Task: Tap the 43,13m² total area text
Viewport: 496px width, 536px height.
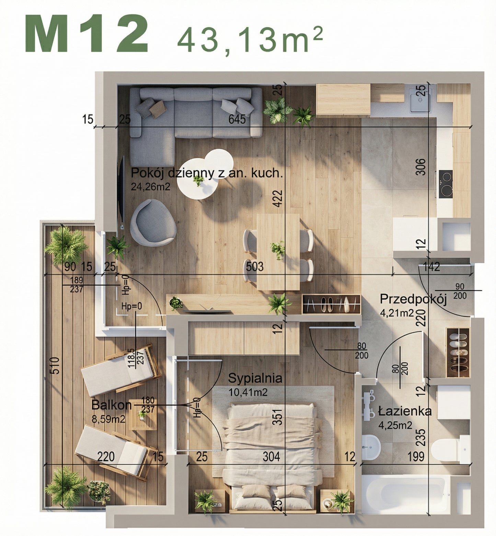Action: pyautogui.click(x=250, y=40)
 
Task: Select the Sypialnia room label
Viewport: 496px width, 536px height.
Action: pyautogui.click(x=255, y=378)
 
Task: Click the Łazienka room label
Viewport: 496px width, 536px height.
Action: pyautogui.click(x=405, y=411)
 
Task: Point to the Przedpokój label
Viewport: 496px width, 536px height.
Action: pyautogui.click(x=413, y=299)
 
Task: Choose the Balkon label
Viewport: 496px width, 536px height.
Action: pyautogui.click(x=112, y=405)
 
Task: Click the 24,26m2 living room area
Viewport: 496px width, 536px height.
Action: pyautogui.click(x=150, y=186)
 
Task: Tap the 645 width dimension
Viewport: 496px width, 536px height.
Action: pyautogui.click(x=237, y=119)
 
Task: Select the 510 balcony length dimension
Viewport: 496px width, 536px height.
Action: pyautogui.click(x=57, y=365)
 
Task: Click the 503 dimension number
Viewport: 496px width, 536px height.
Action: pyautogui.click(x=255, y=266)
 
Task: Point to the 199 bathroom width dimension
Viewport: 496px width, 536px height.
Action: pyautogui.click(x=416, y=456)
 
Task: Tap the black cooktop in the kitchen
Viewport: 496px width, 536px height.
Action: pyautogui.click(x=446, y=184)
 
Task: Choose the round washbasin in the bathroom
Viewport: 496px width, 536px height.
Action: pyautogui.click(x=371, y=447)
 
